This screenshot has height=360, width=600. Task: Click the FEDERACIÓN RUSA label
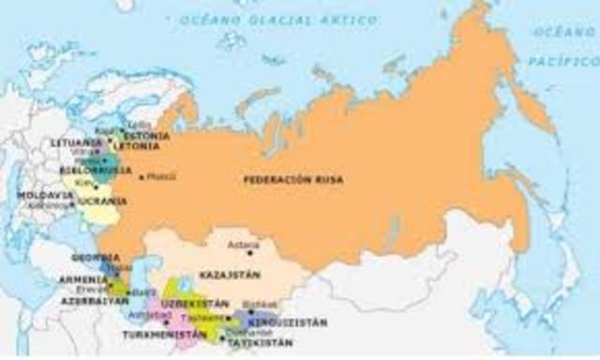(293, 179)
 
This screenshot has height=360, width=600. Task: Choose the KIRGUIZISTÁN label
(293, 322)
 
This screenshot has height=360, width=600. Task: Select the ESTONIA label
(150, 135)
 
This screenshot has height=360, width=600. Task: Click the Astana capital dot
(250, 253)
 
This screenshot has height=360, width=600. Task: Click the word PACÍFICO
(574, 60)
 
